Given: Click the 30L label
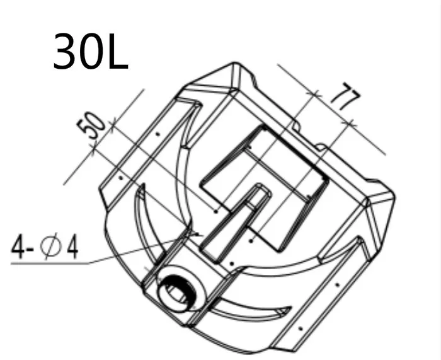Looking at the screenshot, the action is click(x=91, y=51).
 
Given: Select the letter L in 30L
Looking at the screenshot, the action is click(x=118, y=51).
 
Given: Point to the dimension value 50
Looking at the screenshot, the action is click(x=91, y=125).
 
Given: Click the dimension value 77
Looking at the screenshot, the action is click(x=346, y=96).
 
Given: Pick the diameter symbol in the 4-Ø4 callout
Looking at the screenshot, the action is click(x=50, y=246).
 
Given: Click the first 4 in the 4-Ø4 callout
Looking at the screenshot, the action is click(x=18, y=247).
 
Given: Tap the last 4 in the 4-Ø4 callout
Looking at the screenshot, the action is click(x=72, y=247).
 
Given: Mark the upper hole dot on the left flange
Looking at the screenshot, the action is click(x=158, y=134).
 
